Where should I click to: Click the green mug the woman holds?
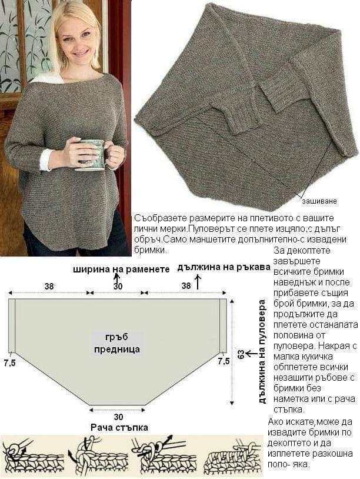[92, 154]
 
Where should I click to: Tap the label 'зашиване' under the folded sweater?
[319, 201]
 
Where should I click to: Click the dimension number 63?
[241, 355]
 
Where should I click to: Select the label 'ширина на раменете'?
[121, 269]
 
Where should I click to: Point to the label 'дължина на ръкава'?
[224, 267]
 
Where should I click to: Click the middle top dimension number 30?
[118, 286]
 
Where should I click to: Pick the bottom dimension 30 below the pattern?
[118, 417]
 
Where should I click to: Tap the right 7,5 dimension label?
[224, 361]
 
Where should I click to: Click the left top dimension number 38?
[49, 286]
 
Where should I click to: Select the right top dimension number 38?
[186, 285]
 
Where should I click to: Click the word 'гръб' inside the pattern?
[117, 337]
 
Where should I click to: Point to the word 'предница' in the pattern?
[117, 349]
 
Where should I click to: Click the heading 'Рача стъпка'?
[119, 427]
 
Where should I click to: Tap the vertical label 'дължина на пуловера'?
[262, 351]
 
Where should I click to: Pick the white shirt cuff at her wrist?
[45, 160]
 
